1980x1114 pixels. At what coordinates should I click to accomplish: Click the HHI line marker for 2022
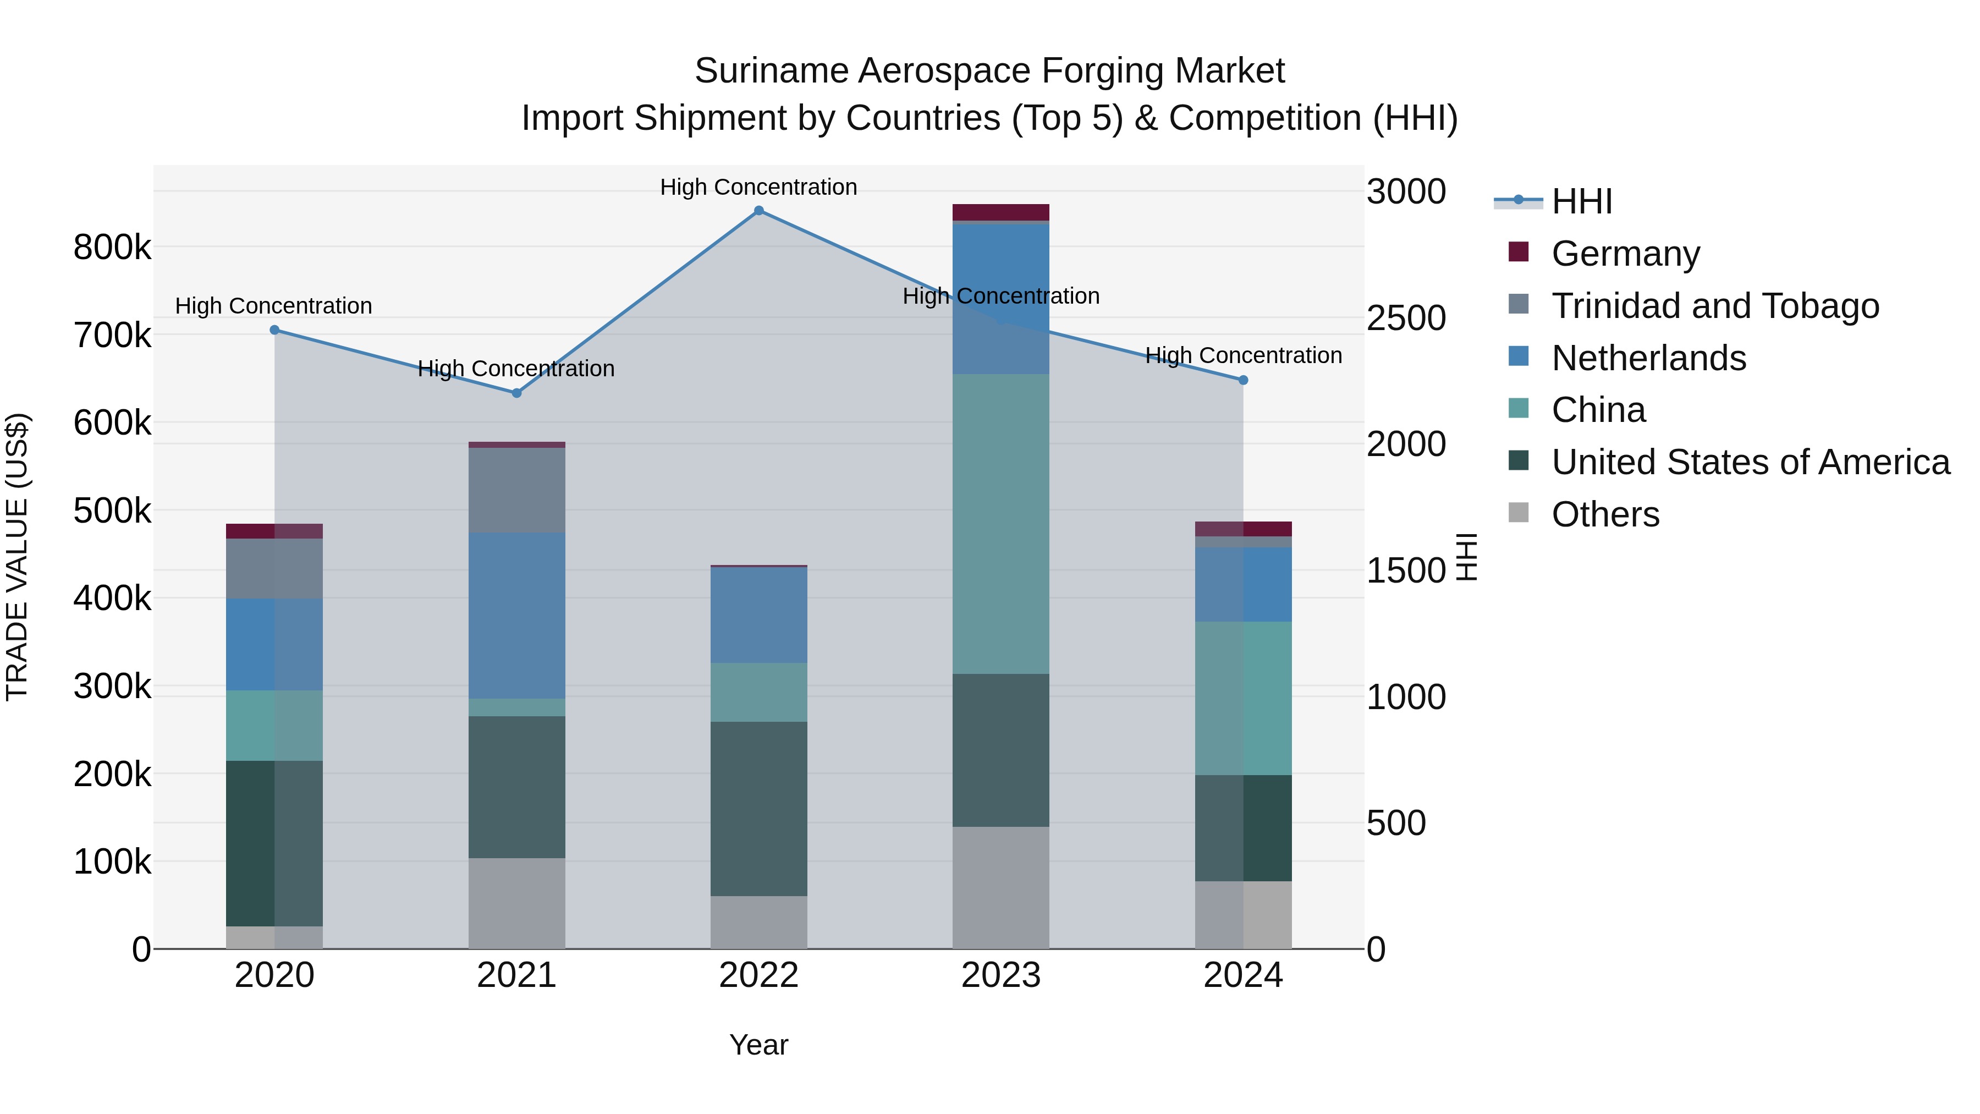pyautogui.click(x=758, y=211)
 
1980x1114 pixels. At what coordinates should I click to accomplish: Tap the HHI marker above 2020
pyautogui.click(x=274, y=330)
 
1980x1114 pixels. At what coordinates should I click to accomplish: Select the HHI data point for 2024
pyautogui.click(x=1243, y=380)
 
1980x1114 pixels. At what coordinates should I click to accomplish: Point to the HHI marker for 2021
pyautogui.click(x=516, y=393)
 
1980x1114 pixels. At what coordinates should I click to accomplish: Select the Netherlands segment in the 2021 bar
pyautogui.click(x=516, y=615)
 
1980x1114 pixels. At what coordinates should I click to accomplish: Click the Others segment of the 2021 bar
pyautogui.click(x=516, y=903)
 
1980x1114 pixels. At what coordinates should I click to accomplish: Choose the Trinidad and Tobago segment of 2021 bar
pyautogui.click(x=516, y=490)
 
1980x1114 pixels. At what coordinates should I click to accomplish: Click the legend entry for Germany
pyautogui.click(x=1625, y=253)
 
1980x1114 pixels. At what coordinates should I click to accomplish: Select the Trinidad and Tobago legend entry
pyautogui.click(x=1714, y=305)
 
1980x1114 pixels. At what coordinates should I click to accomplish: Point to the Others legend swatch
pyautogui.click(x=1519, y=513)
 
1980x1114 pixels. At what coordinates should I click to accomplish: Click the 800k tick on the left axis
pyautogui.click(x=112, y=248)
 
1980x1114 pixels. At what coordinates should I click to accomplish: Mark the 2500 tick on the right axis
pyautogui.click(x=1406, y=319)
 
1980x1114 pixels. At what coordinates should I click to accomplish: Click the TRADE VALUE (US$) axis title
pyautogui.click(x=17, y=557)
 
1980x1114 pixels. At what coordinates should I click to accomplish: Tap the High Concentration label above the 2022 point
pyautogui.click(x=758, y=187)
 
